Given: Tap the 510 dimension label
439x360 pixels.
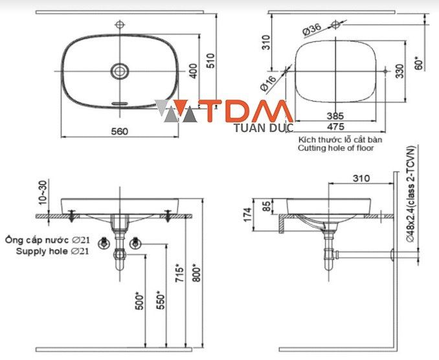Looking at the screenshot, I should (209, 61).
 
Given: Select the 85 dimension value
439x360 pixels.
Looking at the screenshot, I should (267, 208).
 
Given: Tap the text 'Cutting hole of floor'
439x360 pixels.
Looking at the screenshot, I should (336, 148).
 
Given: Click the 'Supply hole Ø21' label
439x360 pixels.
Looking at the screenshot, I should (52, 251).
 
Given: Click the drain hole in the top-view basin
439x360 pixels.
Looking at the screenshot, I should (119, 71).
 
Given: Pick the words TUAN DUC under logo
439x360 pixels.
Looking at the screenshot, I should (263, 128).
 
